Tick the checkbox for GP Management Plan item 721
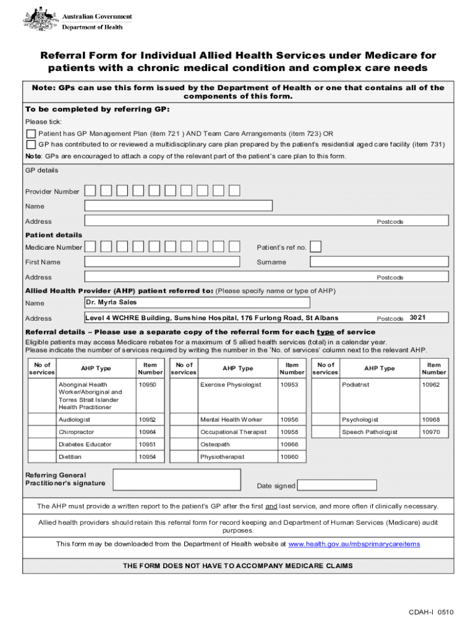coord(31,134)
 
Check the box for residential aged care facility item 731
coord(31,145)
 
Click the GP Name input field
coord(178,206)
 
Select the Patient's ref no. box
coord(315,247)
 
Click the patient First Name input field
coord(161,262)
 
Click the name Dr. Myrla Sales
coord(111,302)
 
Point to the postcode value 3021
coord(418,318)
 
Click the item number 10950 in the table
coord(148,385)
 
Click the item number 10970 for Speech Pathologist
coord(431,432)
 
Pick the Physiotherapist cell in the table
coord(222,457)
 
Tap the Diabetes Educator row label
coord(85,444)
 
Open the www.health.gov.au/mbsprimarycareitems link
coord(354,545)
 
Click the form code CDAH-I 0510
coord(430,613)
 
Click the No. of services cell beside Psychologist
coord(325,420)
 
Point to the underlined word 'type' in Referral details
coord(325,332)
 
